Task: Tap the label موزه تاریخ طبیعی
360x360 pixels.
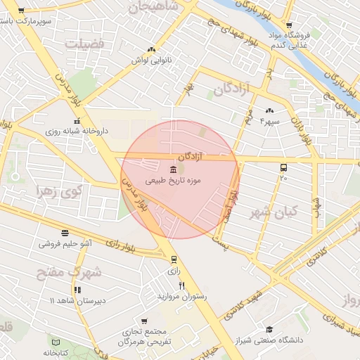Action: click(173, 181)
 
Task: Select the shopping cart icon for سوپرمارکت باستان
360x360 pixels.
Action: click(21, 11)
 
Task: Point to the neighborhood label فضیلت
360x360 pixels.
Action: click(84, 43)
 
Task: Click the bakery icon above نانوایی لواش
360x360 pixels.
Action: click(151, 49)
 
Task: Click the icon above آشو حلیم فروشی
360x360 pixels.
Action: click(65, 233)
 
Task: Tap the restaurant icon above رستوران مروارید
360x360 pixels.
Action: click(182, 285)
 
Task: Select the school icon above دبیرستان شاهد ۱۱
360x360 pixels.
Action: click(77, 289)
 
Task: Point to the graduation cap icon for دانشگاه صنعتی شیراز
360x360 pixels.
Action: click(269, 330)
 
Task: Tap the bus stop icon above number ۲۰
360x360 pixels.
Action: click(283, 168)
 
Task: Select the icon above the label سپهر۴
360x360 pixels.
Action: click(269, 110)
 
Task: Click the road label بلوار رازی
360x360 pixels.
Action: click(121, 244)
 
